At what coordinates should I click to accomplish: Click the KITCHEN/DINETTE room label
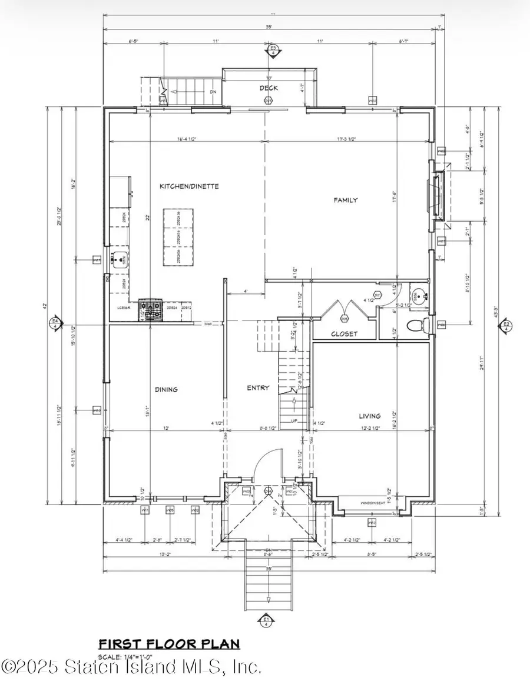(189, 186)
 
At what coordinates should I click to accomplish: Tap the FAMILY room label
(346, 200)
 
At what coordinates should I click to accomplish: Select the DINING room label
(167, 389)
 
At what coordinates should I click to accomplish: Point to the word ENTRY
(258, 388)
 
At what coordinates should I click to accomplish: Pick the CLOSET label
(344, 333)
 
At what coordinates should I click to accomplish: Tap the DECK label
(269, 88)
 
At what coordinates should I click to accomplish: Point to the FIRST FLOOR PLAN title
(169, 644)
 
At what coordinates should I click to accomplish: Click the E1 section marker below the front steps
(266, 619)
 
